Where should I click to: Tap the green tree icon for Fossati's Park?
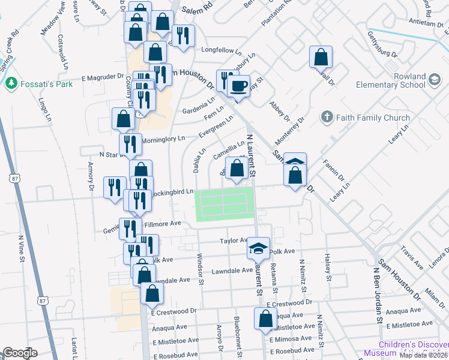point(10,83)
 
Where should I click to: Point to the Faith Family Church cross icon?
point(327,118)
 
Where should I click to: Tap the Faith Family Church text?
point(372,118)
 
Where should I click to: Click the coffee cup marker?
point(239,86)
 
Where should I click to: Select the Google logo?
point(20,353)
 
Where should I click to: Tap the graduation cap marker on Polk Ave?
point(258,248)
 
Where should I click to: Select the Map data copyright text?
point(423,355)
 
